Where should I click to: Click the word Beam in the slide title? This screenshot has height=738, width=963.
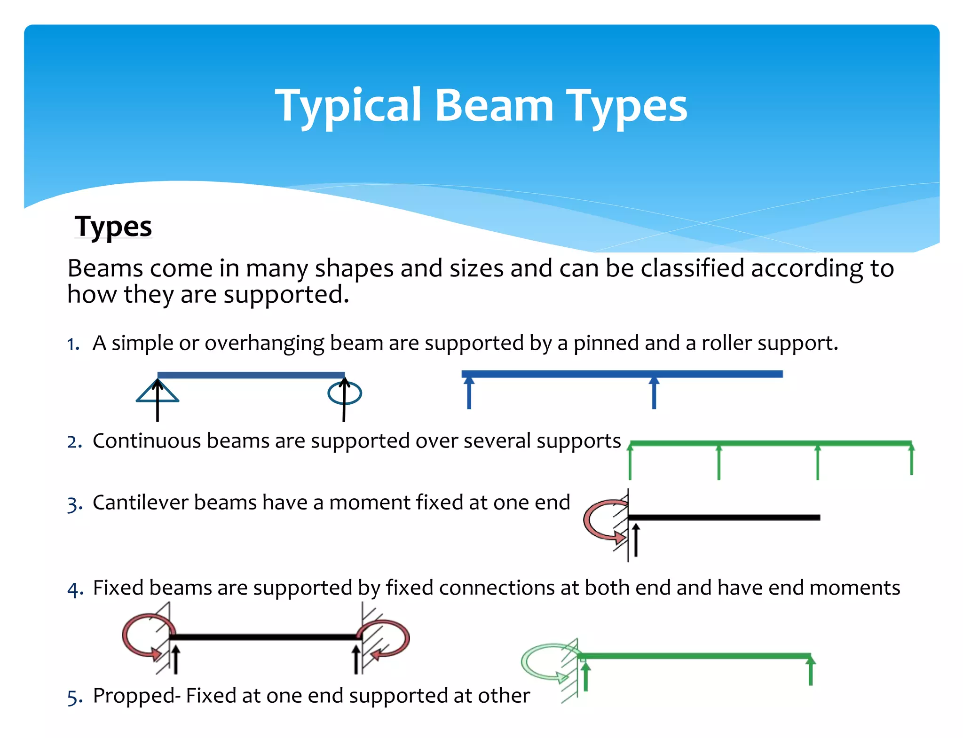tap(494, 106)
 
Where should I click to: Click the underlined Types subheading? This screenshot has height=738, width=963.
tap(113, 227)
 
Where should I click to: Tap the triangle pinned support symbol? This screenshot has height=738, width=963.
tap(157, 393)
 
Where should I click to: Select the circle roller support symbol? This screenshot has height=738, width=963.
tap(345, 393)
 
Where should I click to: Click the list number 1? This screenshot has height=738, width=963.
tap(73, 344)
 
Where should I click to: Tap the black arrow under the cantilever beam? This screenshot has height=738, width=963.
tap(636, 540)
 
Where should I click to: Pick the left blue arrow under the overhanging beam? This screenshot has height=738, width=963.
tap(469, 393)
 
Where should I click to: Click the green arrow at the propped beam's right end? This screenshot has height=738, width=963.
tap(811, 671)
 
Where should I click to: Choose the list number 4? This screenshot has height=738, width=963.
tap(74, 589)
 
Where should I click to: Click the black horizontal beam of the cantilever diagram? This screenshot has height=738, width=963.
tap(724, 517)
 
